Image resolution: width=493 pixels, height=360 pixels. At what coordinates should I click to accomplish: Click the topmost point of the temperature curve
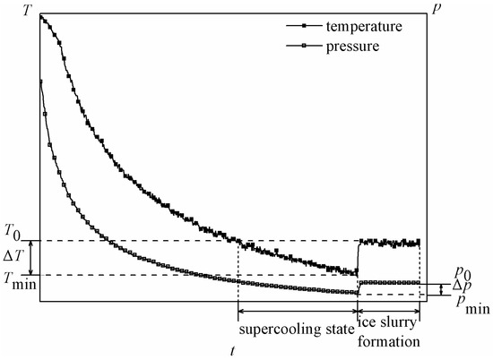[41, 15]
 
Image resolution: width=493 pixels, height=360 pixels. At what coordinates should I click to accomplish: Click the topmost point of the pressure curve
[41, 81]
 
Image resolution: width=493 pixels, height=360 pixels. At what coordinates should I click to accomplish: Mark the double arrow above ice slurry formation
[389, 310]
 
